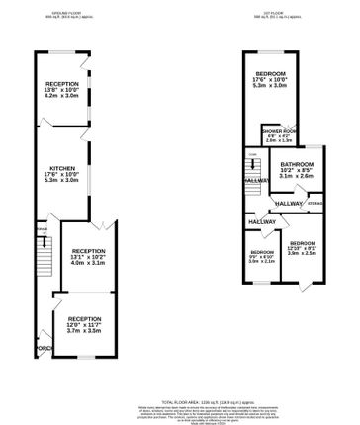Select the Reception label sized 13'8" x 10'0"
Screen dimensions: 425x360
[x=62, y=84]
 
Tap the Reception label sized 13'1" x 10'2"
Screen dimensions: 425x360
[x=88, y=251]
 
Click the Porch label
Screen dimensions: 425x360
[x=43, y=348]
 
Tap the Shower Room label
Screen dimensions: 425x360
[x=279, y=131]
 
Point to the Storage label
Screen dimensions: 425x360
[x=315, y=204]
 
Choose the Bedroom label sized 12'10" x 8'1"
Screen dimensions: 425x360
[x=303, y=242]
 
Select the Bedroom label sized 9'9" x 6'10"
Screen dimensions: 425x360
[x=262, y=252]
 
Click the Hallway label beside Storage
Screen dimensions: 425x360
[x=289, y=203]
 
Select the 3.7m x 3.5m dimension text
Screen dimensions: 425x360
[x=85, y=332]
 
